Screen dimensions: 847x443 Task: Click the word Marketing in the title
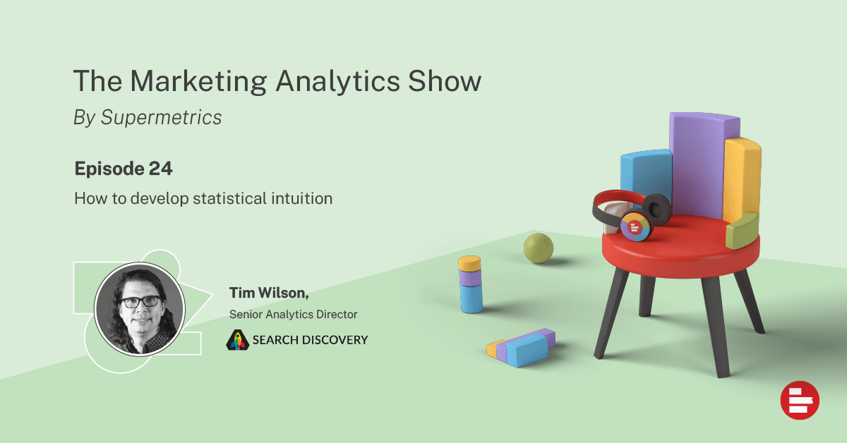click(x=198, y=82)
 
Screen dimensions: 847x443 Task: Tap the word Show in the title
click(x=444, y=81)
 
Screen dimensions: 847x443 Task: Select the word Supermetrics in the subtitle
click(x=161, y=118)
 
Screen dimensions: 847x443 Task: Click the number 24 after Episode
click(x=161, y=169)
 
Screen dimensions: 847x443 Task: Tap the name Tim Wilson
click(x=269, y=293)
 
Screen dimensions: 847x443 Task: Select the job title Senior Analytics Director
click(x=293, y=314)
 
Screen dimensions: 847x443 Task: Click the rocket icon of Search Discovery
click(x=237, y=340)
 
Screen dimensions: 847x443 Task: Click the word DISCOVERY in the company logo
click(x=335, y=340)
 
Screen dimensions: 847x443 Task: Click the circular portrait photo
click(x=140, y=309)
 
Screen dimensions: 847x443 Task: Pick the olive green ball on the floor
click(x=539, y=248)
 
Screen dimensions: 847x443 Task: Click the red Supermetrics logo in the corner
click(x=800, y=400)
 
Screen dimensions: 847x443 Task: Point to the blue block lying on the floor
click(x=527, y=351)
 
